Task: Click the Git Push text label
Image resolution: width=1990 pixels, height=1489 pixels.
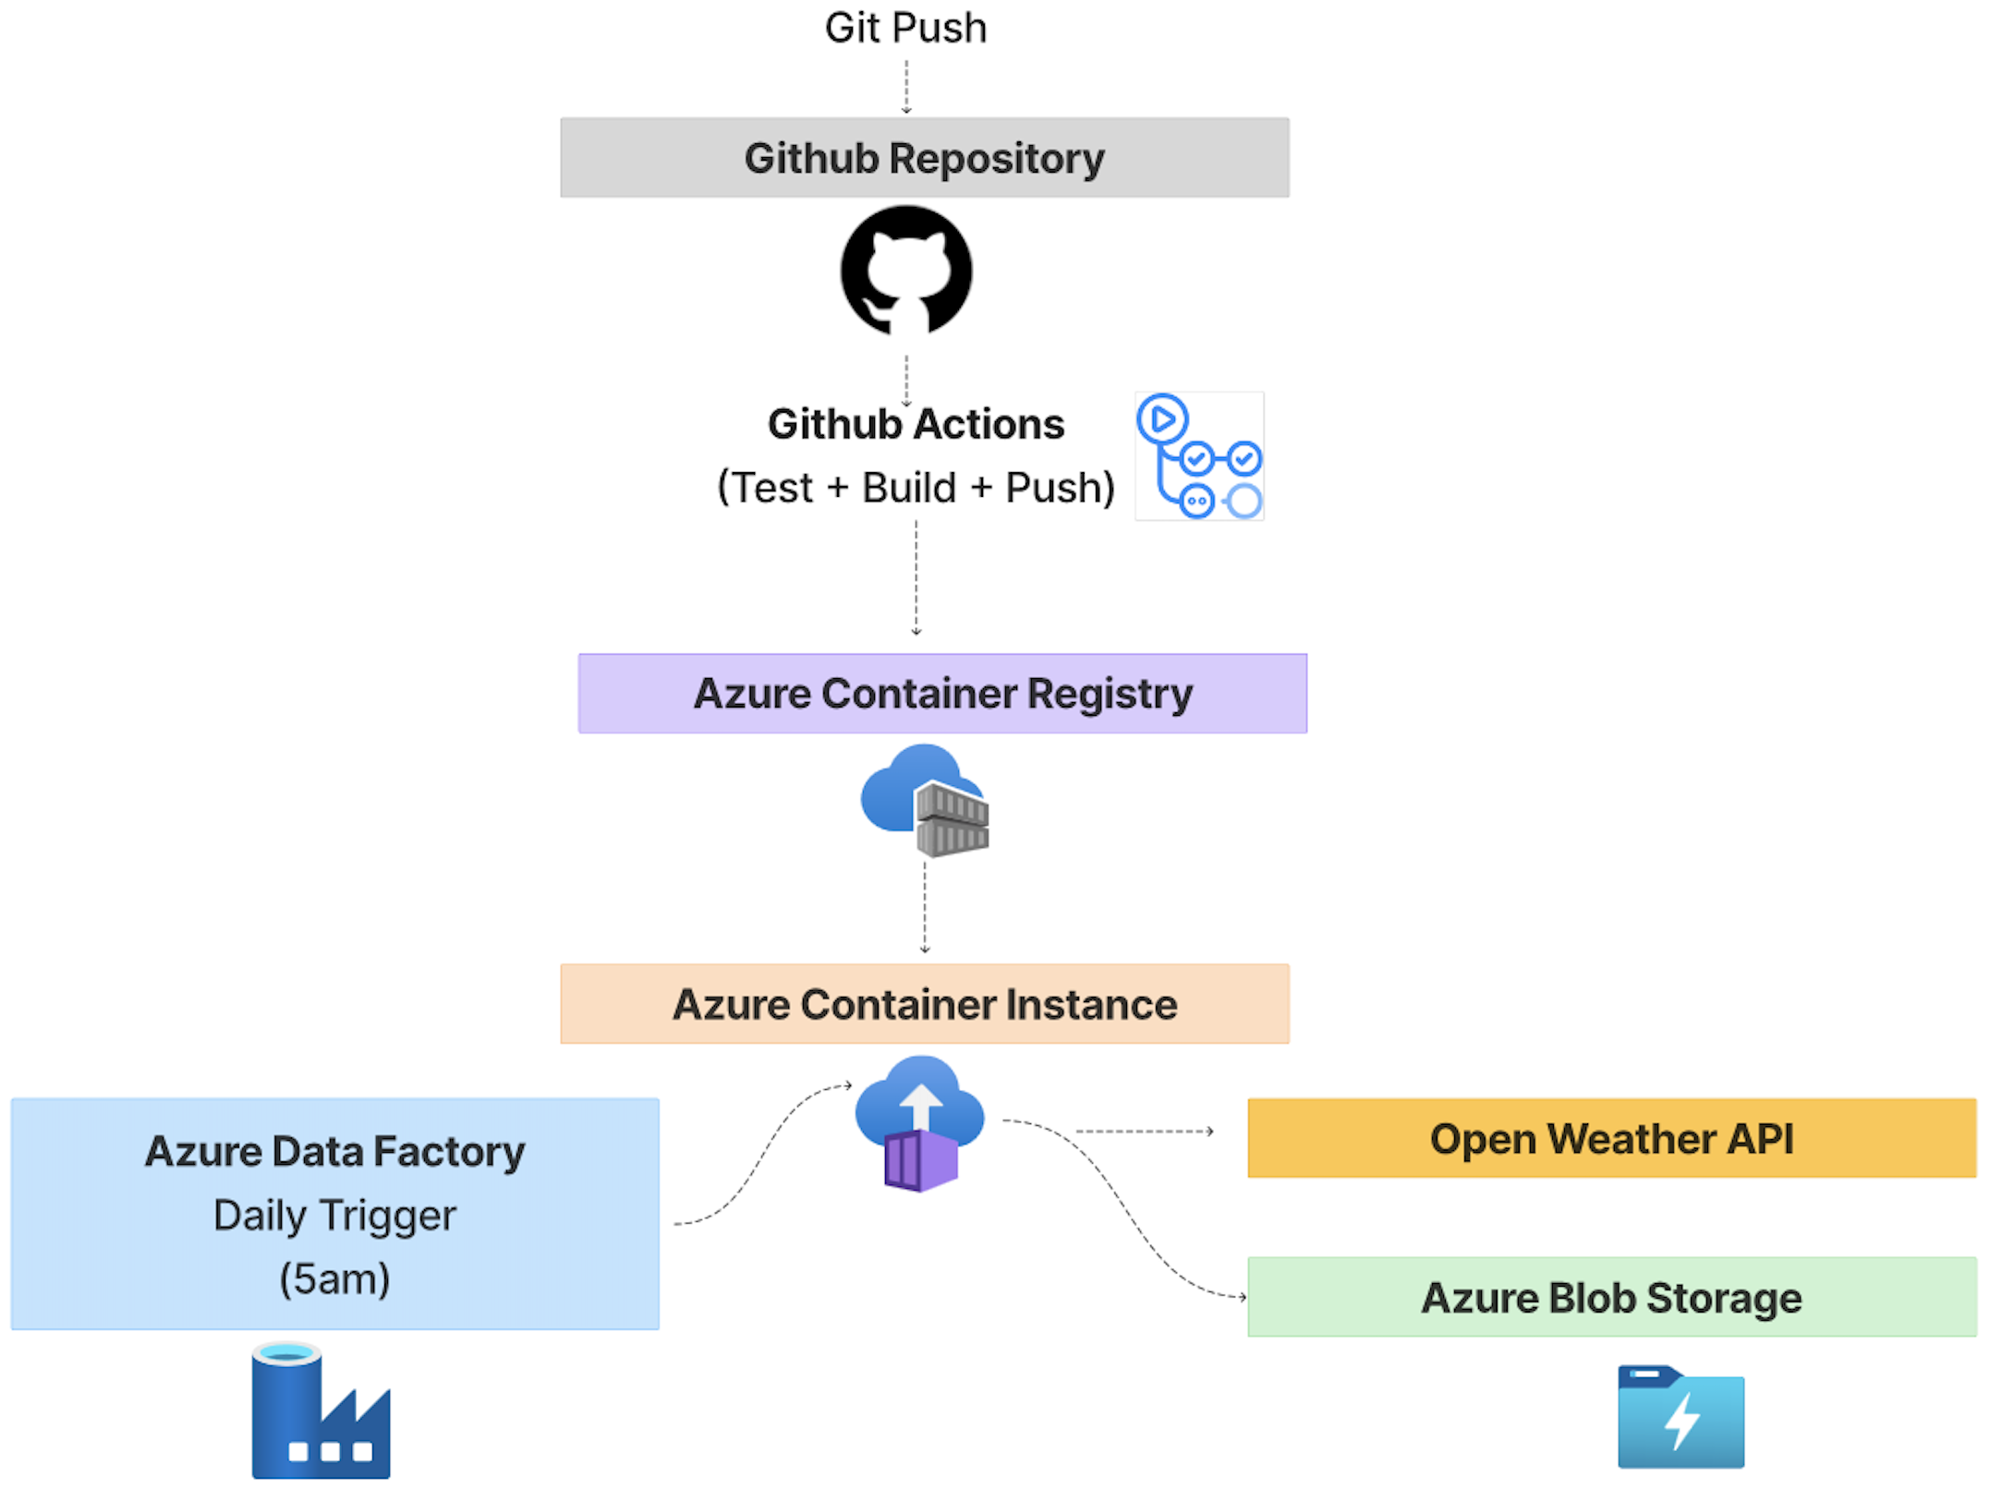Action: coord(905,28)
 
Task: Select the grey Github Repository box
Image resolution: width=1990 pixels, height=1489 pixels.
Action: coord(925,157)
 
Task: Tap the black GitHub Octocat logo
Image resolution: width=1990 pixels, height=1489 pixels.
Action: coord(906,270)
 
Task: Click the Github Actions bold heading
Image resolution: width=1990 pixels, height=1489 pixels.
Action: coord(916,424)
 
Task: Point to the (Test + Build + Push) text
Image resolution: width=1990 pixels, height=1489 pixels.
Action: coord(916,487)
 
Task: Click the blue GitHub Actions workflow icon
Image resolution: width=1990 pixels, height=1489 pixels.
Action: coord(1199,456)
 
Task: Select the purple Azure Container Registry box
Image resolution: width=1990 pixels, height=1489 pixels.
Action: coord(942,694)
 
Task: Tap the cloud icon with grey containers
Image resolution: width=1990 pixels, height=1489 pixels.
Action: coord(925,800)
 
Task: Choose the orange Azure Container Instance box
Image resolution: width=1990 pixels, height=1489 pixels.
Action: coord(925,1004)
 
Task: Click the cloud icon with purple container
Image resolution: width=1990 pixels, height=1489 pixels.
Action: coord(919,1123)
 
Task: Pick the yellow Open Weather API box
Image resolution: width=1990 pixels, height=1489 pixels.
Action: coord(1612,1138)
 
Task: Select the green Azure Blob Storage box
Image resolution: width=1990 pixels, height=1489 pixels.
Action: coord(1612,1297)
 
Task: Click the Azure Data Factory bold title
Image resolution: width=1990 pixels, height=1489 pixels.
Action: coord(334,1152)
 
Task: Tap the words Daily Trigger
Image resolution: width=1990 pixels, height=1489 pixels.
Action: coord(334,1216)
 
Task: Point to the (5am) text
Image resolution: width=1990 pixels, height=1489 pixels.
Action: coord(334,1279)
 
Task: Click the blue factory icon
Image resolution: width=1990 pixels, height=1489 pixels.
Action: coord(321,1410)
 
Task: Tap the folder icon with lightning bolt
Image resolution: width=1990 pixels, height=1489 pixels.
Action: coord(1681,1417)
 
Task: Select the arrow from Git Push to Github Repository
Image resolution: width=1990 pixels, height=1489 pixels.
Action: coord(906,87)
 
